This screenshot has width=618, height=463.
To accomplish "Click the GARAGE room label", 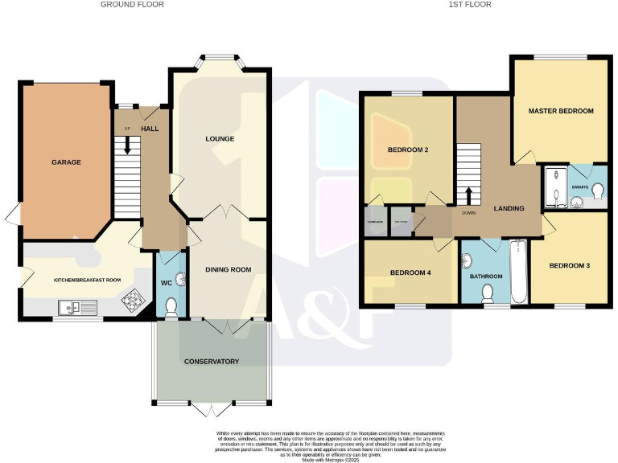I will coord(66,162).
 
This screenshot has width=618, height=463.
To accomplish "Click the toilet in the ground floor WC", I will coord(170,305).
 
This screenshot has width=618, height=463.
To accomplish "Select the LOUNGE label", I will coord(220,139).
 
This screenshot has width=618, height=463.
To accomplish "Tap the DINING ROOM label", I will coord(229,270).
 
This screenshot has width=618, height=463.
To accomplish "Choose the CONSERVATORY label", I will coord(211,362).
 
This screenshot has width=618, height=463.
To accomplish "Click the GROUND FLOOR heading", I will coord(132,5).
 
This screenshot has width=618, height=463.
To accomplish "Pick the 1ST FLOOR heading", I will coord(470,5).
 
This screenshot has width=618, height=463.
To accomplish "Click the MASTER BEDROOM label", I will coord(561,111).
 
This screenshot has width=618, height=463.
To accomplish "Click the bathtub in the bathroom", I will coord(517,271).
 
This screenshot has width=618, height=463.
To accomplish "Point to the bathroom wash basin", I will coord(468,262).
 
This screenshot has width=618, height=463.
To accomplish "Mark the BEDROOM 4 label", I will coord(410,273).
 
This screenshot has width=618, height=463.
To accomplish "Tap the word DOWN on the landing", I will coord(469,214).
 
